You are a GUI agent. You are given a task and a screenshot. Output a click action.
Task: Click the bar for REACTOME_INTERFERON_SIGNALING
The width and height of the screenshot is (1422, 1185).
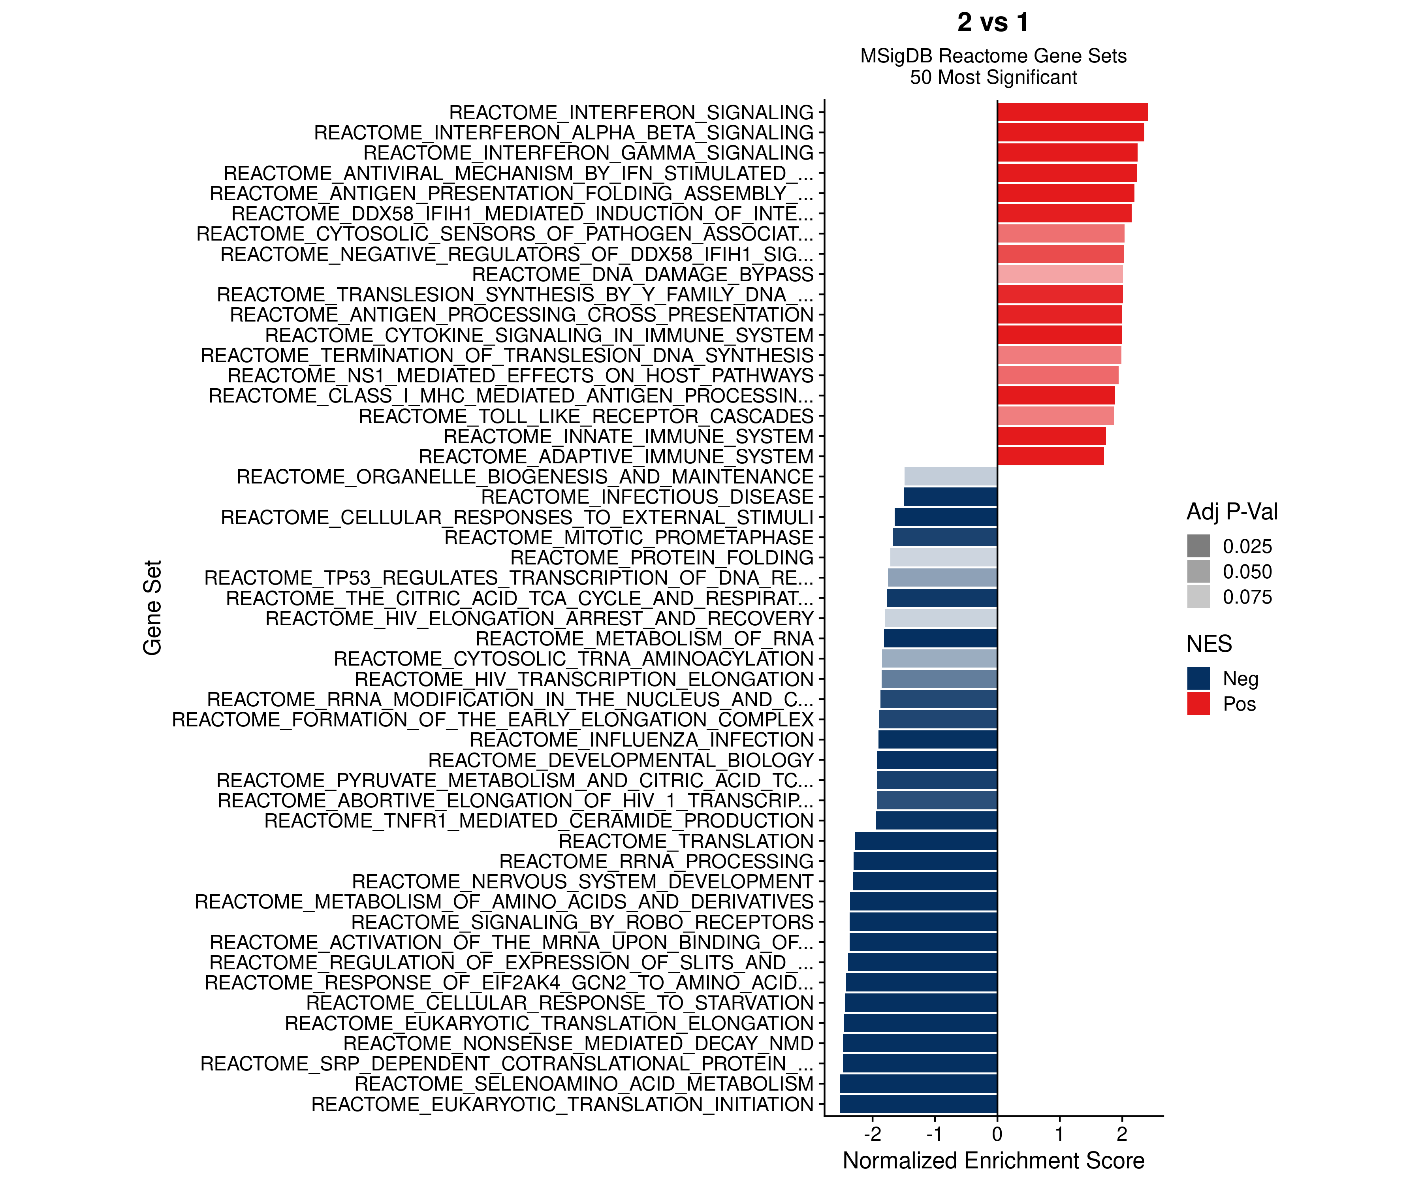(1072, 113)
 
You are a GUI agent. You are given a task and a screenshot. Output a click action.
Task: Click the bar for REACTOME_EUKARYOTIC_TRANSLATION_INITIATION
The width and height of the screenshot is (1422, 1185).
(918, 1104)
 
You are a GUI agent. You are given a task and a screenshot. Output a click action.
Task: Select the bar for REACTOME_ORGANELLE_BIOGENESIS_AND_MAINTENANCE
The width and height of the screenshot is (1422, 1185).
(951, 477)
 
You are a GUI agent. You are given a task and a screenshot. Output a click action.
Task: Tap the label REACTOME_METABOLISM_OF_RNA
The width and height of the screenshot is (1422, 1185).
(644, 639)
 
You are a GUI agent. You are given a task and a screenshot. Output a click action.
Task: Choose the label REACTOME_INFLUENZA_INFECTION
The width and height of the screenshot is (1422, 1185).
(641, 740)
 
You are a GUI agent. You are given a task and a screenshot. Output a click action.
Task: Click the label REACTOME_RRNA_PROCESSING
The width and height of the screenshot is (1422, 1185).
(656, 861)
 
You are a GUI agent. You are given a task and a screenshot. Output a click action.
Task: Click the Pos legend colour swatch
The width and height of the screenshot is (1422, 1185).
(1198, 703)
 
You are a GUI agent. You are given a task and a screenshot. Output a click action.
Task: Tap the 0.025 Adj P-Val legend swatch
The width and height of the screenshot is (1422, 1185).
(1198, 546)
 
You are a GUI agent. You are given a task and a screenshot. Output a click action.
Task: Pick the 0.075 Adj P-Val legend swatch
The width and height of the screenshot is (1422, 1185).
(1198, 596)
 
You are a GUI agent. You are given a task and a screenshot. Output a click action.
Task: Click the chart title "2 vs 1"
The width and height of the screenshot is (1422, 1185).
(993, 23)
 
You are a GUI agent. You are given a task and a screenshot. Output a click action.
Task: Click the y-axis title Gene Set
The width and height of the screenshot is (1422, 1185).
(152, 608)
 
